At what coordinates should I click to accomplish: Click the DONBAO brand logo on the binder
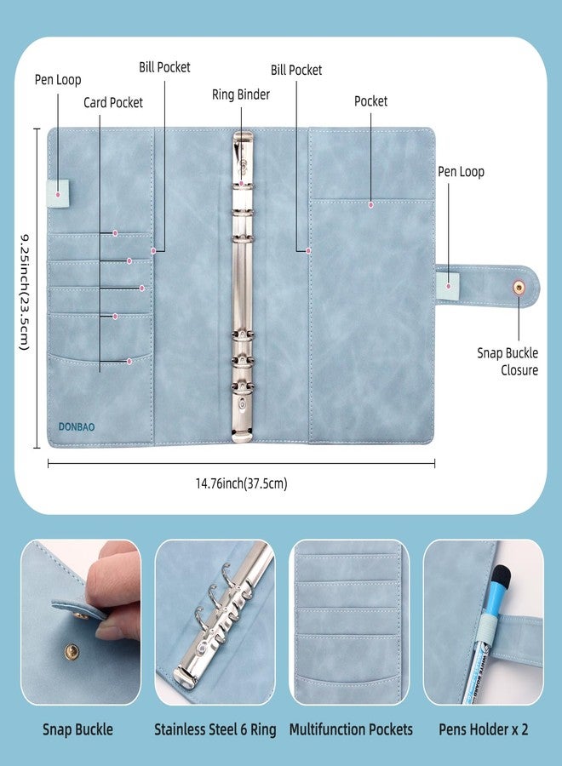pyautogui.click(x=77, y=426)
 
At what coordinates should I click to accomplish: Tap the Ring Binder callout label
pyautogui.click(x=241, y=94)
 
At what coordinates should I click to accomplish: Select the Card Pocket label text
pyautogui.click(x=113, y=103)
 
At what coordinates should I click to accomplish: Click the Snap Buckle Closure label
pyautogui.click(x=508, y=362)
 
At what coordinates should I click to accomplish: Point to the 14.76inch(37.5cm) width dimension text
pyautogui.click(x=242, y=483)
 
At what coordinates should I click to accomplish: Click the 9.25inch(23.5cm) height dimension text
pyautogui.click(x=25, y=292)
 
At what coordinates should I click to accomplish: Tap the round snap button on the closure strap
pyautogui.click(x=518, y=288)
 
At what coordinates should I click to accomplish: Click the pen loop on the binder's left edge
pyautogui.click(x=58, y=193)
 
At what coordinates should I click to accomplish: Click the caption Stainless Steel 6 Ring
pyautogui.click(x=215, y=729)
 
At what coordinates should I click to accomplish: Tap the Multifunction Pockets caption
pyautogui.click(x=351, y=729)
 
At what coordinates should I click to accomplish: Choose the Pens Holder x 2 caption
pyautogui.click(x=484, y=729)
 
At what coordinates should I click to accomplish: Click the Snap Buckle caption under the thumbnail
pyautogui.click(x=77, y=729)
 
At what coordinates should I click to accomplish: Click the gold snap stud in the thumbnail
pyautogui.click(x=72, y=650)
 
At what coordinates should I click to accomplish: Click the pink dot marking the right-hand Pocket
pyautogui.click(x=371, y=204)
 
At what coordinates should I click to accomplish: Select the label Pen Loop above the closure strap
pyautogui.click(x=461, y=172)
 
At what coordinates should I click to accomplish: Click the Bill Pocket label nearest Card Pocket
pyautogui.click(x=164, y=67)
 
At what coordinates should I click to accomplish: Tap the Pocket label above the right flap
pyautogui.click(x=370, y=101)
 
